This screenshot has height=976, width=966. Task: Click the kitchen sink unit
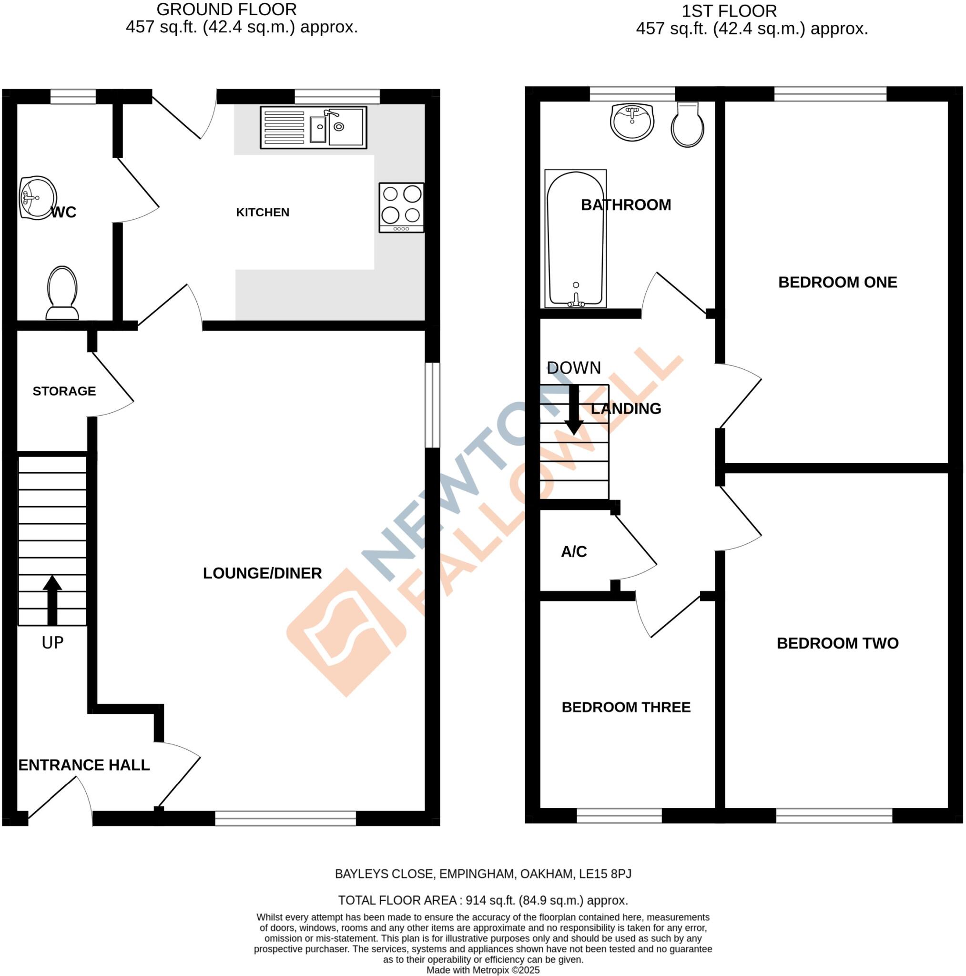[x=313, y=127]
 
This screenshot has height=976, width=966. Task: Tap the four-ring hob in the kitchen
[x=401, y=208]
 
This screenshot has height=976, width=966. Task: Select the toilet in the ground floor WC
[x=62, y=294]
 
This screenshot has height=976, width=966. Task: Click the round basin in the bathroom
[x=631, y=122]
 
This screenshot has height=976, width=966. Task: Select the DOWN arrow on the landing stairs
[x=573, y=410]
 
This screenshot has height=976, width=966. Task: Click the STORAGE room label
[x=64, y=391]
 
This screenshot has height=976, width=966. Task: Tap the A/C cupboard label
[x=573, y=552]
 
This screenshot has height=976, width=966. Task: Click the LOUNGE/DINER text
[x=262, y=573]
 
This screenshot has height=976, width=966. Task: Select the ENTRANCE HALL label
[x=84, y=765]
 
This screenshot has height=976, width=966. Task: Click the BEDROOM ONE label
[x=837, y=282]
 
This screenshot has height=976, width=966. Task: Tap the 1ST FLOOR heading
[x=729, y=11]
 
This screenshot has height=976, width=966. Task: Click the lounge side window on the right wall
[x=432, y=405]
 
